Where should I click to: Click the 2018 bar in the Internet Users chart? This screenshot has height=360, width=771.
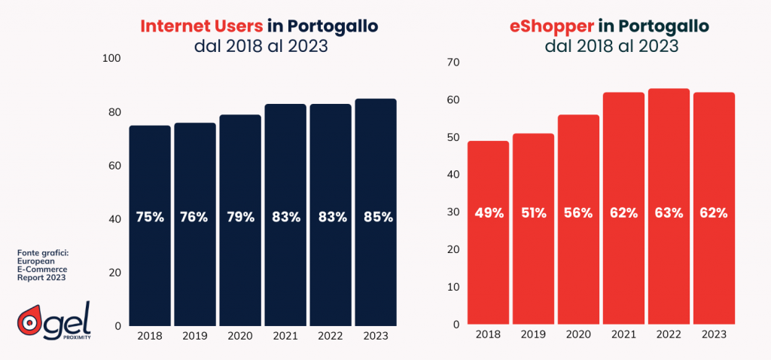150,225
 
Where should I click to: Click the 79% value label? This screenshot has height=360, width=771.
239,217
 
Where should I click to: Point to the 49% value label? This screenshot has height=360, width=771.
488,212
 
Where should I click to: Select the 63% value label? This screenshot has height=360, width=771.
669,212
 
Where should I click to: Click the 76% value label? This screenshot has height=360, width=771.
194,217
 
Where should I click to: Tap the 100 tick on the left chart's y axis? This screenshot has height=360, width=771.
109,58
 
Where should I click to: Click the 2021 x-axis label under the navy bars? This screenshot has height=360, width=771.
285,337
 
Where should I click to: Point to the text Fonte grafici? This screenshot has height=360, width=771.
42,252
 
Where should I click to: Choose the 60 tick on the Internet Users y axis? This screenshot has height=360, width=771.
112,165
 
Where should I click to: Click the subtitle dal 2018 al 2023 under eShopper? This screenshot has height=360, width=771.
611,46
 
